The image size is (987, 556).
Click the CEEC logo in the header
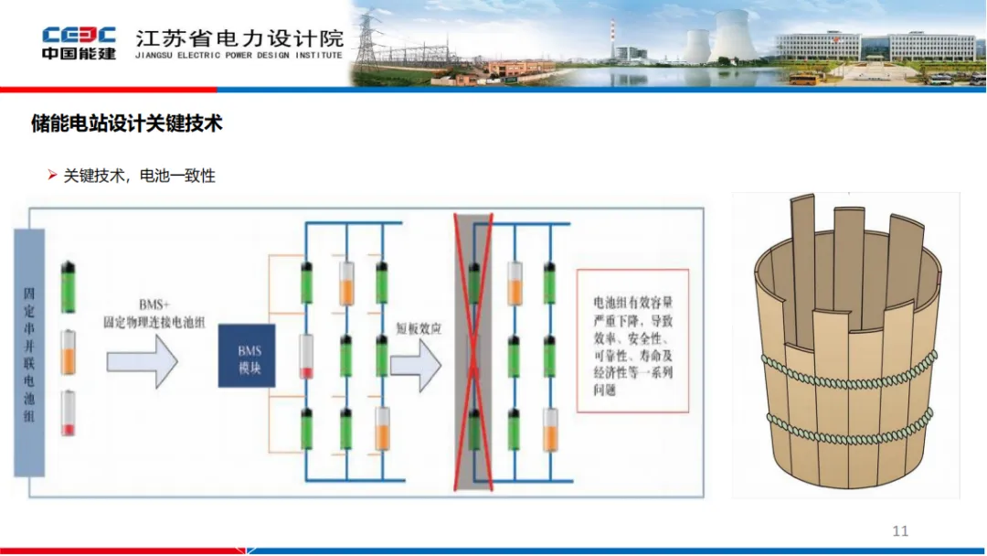click(79, 35)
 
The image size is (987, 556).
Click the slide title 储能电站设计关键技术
click(127, 123)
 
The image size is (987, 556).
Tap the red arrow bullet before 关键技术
click(52, 175)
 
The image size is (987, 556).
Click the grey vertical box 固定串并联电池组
click(29, 352)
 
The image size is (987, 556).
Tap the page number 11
click(900, 531)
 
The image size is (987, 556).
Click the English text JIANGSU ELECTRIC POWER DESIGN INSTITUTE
click(239, 56)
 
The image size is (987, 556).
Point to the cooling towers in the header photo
click(722, 38)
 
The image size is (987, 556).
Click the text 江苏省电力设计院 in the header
click(239, 37)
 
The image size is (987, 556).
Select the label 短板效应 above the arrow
click(419, 329)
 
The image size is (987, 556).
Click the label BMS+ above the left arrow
click(151, 305)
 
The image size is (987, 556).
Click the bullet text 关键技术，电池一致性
click(139, 176)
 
